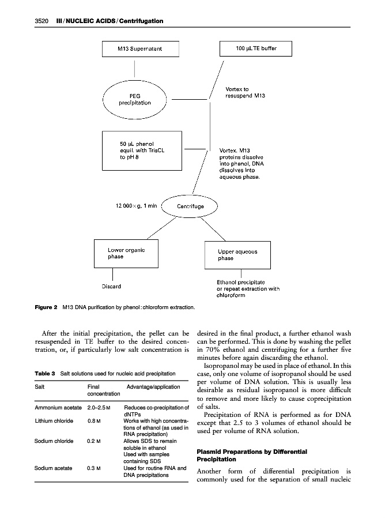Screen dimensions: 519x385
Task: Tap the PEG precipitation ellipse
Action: (x=135, y=99)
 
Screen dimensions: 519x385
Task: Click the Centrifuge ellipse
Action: (x=191, y=206)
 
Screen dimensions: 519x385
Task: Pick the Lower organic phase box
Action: (x=126, y=253)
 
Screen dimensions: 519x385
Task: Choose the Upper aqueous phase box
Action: (x=237, y=255)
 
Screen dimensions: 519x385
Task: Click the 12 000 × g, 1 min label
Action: (x=135, y=206)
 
